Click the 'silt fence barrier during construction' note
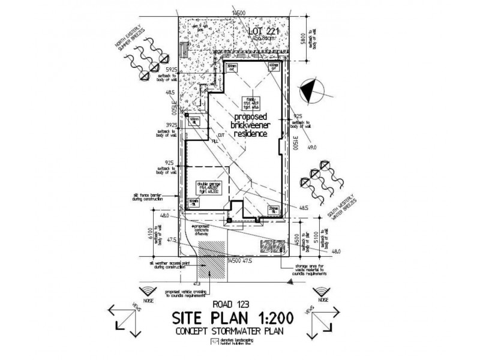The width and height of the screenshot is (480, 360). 154,197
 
